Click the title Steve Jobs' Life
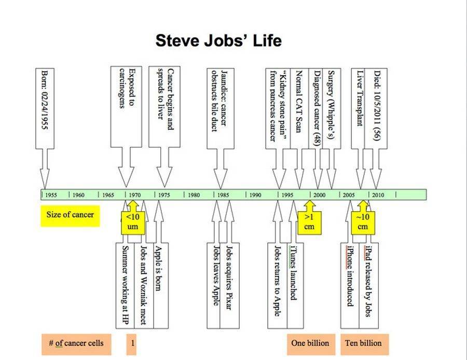click(x=218, y=41)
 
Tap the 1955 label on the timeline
click(x=51, y=195)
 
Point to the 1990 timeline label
click(x=255, y=195)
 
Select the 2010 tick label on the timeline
click(x=378, y=195)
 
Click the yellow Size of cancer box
click(x=70, y=214)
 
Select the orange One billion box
click(x=310, y=343)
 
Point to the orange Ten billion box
click(x=363, y=343)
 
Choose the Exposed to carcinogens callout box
click(x=126, y=106)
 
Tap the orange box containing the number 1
click(x=132, y=343)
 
